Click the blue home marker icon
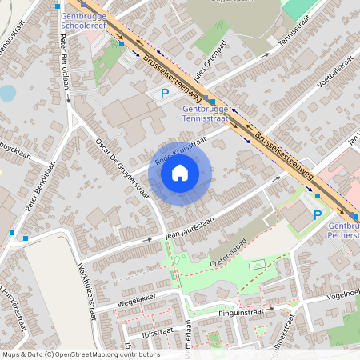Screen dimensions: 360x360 (x=180, y=173)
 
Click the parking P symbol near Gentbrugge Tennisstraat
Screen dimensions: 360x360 (x=164, y=94)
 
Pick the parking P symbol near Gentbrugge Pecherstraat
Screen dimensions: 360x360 (x=317, y=214)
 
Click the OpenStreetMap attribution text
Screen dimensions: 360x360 (x=81, y=354)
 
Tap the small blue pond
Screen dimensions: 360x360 (x=7, y=93)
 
